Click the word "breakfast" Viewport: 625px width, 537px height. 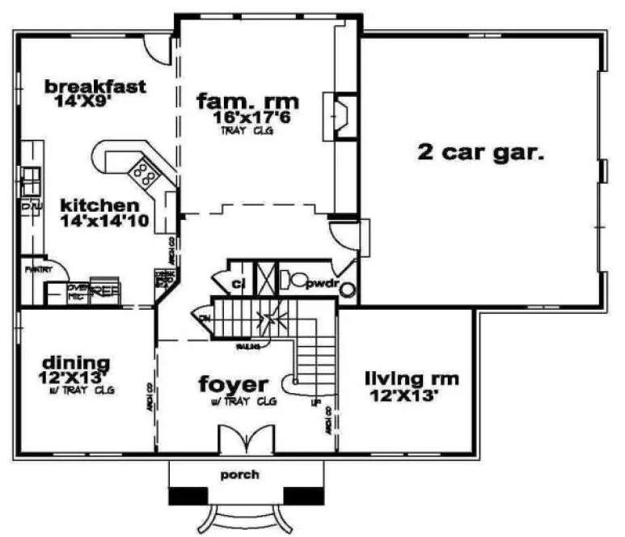tap(95, 87)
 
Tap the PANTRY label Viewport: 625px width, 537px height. tap(38, 268)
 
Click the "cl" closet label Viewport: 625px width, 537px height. tap(238, 284)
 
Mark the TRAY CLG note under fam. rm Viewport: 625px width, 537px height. tap(246, 130)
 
